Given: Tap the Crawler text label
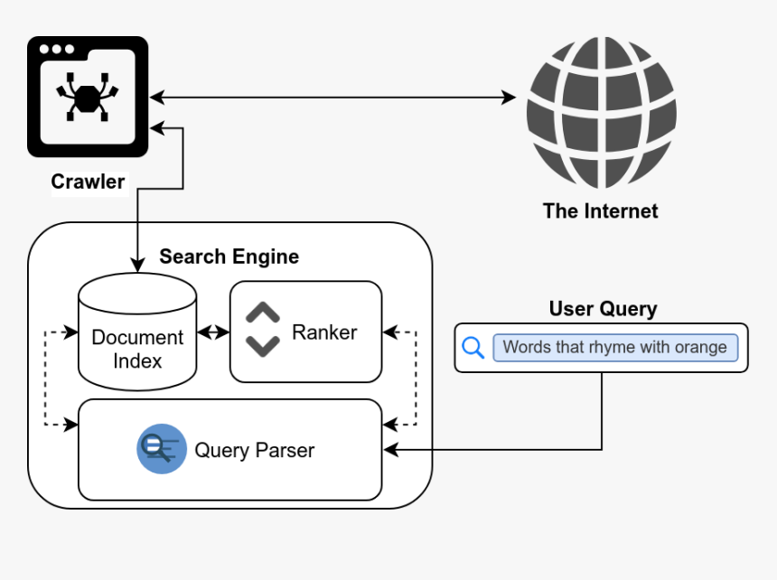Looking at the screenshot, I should tap(88, 182).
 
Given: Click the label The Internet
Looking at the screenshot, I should tap(600, 211).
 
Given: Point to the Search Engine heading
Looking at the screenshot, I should tap(229, 257).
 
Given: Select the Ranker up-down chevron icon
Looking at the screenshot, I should tap(263, 331).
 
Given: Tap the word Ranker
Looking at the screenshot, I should tap(324, 332).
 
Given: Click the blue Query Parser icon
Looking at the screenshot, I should tap(162, 449).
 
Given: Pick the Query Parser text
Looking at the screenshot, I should tap(254, 450).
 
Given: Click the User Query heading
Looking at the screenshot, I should tap(603, 309).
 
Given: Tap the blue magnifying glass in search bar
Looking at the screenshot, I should tap(473, 348).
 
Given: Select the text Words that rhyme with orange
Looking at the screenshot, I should tap(614, 348).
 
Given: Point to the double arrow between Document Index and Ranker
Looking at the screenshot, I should tap(213, 332).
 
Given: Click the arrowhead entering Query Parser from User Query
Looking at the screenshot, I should tap(390, 449).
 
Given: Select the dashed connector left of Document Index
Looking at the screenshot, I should tap(45, 378).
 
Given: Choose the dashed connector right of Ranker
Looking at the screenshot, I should tap(417, 378).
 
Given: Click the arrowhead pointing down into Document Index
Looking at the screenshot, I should tap(136, 266).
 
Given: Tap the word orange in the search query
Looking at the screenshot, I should tap(700, 348).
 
